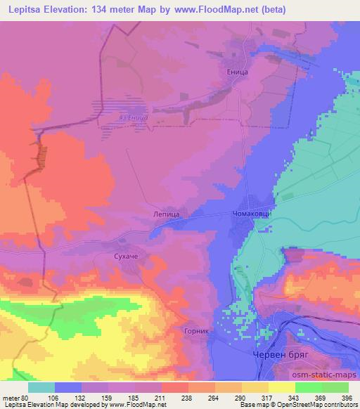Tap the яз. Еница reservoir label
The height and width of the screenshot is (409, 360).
pos(133,118)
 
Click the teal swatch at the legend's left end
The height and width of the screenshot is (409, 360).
pos(41,387)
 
